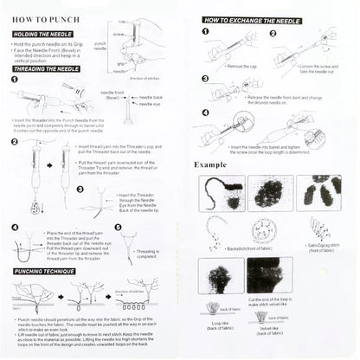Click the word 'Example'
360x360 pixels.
[x=212, y=163]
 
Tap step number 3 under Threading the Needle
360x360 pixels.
[x=80, y=189]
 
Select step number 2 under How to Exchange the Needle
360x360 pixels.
[x=272, y=34]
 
